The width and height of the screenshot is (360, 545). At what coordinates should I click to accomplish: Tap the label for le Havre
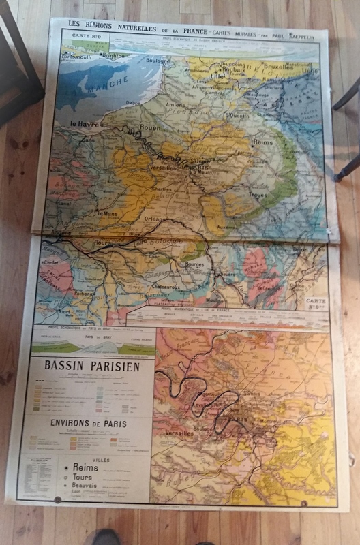pyautogui.click(x=87, y=125)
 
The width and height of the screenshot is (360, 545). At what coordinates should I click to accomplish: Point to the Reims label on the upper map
pyautogui.click(x=262, y=143)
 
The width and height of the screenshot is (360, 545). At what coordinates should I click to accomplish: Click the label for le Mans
pyautogui.click(x=108, y=213)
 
